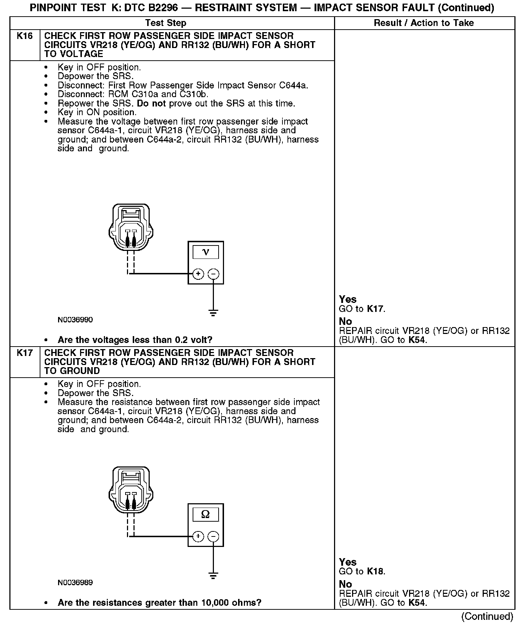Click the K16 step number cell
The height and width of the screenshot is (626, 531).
coord(25,36)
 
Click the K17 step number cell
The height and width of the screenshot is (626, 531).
coord(25,353)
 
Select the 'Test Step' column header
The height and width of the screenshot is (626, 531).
coord(166,23)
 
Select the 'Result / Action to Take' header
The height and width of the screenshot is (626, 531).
coord(424,23)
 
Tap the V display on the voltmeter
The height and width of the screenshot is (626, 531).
coord(206,252)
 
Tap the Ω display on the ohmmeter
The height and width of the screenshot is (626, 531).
coord(206,514)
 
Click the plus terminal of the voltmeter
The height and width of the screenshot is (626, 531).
coord(198,274)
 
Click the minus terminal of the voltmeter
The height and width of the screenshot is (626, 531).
coord(214,274)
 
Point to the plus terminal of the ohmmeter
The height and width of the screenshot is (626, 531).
coord(198,536)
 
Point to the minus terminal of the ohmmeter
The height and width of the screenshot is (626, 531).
coord(214,536)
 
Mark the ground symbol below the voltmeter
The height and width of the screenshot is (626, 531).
coord(214,313)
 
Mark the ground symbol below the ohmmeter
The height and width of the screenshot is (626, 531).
coord(214,575)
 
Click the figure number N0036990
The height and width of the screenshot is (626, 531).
coord(75,320)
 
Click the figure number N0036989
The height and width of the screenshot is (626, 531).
coord(75,582)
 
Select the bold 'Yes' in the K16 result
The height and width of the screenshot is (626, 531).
coord(348,299)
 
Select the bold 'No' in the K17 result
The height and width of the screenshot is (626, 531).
coord(345,584)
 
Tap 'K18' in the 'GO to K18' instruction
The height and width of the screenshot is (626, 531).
coord(375,571)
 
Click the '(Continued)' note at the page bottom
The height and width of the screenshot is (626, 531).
coord(487,616)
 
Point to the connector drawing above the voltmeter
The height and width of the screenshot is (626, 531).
coord(131,227)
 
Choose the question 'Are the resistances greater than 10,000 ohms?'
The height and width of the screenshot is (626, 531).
coord(159,603)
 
